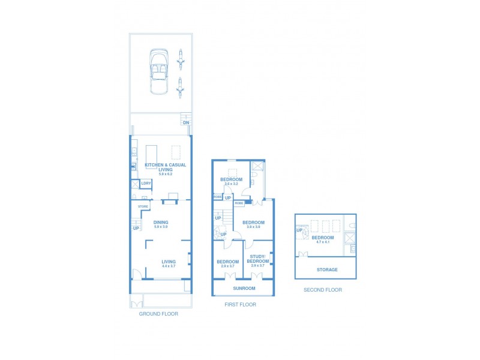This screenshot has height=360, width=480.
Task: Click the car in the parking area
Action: (158, 71)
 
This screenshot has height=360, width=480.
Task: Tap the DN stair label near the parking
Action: (186, 122)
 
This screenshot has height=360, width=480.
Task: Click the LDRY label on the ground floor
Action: (146, 184)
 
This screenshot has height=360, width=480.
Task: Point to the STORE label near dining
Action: (143, 206)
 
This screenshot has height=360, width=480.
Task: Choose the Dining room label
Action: (161, 223)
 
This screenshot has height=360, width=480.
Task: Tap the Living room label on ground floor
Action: (169, 262)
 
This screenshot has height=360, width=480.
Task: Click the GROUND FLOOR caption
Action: (158, 314)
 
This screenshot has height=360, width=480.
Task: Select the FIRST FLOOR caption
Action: (240, 305)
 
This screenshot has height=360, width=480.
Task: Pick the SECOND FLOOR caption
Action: (323, 290)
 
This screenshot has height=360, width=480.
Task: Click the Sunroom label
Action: (244, 288)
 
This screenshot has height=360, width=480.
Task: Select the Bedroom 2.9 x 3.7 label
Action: (228, 262)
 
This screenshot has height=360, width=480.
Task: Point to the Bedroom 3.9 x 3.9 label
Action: (253, 223)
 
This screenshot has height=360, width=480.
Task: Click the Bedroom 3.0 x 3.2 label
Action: (231, 180)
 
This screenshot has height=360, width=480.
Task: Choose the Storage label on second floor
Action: (328, 269)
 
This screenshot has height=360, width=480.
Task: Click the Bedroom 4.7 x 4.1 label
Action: (323, 238)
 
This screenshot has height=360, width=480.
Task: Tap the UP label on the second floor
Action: (299, 230)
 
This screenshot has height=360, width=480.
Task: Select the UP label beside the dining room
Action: (136, 228)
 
